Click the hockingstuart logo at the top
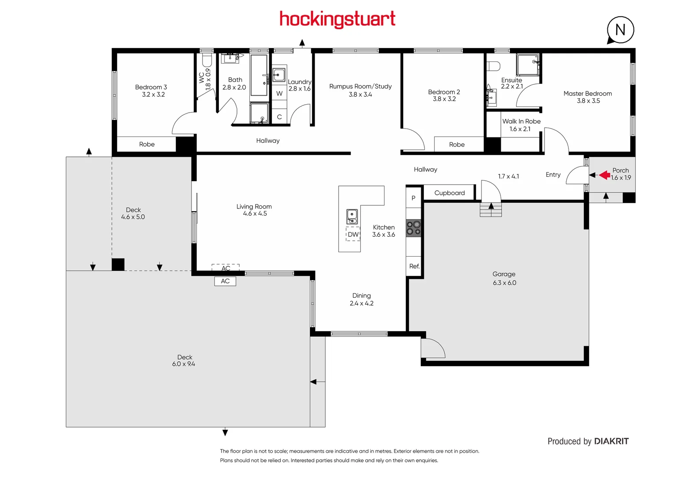click(337, 19)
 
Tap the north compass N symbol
click(620, 30)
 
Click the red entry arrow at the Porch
click(604, 175)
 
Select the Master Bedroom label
click(587, 94)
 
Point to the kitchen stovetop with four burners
click(414, 228)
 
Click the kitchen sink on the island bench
click(352, 216)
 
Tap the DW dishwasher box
click(353, 235)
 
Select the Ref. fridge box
click(414, 266)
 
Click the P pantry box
click(413, 198)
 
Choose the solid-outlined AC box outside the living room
click(225, 281)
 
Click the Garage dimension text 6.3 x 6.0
click(504, 283)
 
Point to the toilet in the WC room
click(207, 59)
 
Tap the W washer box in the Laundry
click(279, 94)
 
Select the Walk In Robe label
click(521, 121)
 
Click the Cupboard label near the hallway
click(449, 193)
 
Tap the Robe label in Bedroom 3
click(147, 144)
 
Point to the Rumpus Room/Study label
click(360, 87)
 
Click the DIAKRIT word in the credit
click(611, 441)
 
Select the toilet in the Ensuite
click(493, 66)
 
